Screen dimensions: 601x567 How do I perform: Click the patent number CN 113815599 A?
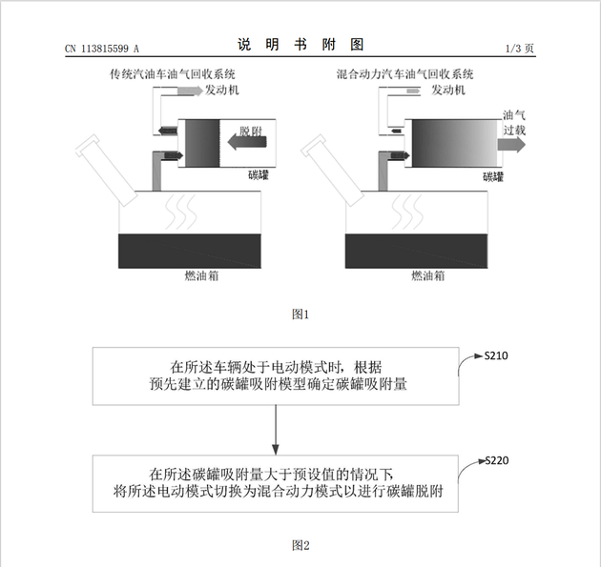click(102, 49)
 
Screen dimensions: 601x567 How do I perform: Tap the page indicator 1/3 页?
click(519, 49)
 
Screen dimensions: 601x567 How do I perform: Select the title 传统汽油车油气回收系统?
click(173, 74)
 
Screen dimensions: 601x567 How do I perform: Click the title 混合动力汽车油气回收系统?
click(404, 74)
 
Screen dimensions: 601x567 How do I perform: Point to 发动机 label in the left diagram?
click(222, 91)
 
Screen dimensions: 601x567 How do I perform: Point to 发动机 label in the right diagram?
click(448, 91)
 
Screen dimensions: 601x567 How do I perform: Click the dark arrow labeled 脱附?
click(247, 142)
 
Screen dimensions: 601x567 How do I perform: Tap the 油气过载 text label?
click(514, 123)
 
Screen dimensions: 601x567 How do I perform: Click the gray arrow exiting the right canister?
click(511, 145)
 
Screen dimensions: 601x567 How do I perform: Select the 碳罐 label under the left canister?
click(259, 175)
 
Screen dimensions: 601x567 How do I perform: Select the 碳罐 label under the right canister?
click(493, 176)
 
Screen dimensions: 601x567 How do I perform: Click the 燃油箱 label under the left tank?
click(201, 275)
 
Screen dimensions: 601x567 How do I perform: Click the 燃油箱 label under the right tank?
click(428, 275)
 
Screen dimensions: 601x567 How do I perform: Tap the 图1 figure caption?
click(300, 314)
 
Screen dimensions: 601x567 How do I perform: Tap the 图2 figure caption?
click(300, 545)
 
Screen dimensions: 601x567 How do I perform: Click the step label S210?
click(496, 356)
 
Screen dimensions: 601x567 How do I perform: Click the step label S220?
click(497, 460)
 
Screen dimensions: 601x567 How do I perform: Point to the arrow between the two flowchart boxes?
click(275, 430)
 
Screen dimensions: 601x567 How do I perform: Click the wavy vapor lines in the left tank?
click(181, 212)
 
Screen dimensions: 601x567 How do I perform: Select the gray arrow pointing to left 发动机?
click(190, 91)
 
